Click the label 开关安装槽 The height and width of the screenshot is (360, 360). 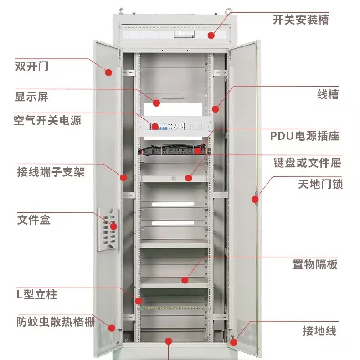click(x=301, y=20)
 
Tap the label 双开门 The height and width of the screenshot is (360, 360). click(x=32, y=66)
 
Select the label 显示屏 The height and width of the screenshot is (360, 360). click(x=32, y=97)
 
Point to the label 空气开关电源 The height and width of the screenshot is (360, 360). click(x=47, y=120)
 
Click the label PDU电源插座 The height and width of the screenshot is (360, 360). click(x=305, y=136)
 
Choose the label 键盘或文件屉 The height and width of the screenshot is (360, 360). click(x=307, y=163)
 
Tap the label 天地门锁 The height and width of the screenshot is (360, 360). click(x=320, y=184)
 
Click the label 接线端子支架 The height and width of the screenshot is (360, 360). click(x=51, y=172)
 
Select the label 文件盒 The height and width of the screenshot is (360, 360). click(x=34, y=220)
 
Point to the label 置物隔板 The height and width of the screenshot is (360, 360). click(x=315, y=264)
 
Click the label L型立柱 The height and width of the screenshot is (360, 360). click(x=37, y=294)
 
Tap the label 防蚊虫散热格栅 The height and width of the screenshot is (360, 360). click(x=56, y=322)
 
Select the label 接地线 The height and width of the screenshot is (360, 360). click(x=319, y=331)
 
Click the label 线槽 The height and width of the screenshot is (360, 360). click(x=328, y=94)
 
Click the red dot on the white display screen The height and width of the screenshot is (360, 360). click(x=156, y=103)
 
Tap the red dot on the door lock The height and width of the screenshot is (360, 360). click(x=255, y=199)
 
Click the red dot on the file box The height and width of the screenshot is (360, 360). click(x=113, y=226)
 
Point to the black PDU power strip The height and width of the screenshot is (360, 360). click(x=174, y=151)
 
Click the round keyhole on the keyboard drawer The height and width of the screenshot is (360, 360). click(x=174, y=178)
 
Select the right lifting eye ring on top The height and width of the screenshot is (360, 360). click(x=228, y=11)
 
